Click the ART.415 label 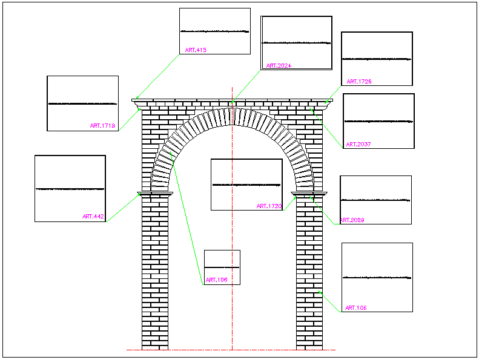point(196,50)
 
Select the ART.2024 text point(279,65)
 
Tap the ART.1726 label point(359,81)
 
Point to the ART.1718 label point(102,126)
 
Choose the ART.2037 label point(358,145)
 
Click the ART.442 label point(93,216)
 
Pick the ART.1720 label point(269,206)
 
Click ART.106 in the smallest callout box point(216,280)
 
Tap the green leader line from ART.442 point(123,208)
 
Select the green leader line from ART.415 point(159,76)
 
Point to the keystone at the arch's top point(233,114)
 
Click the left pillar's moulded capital point(155,194)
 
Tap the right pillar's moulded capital point(309,194)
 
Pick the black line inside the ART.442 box point(70,189)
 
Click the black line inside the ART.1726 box point(377,59)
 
